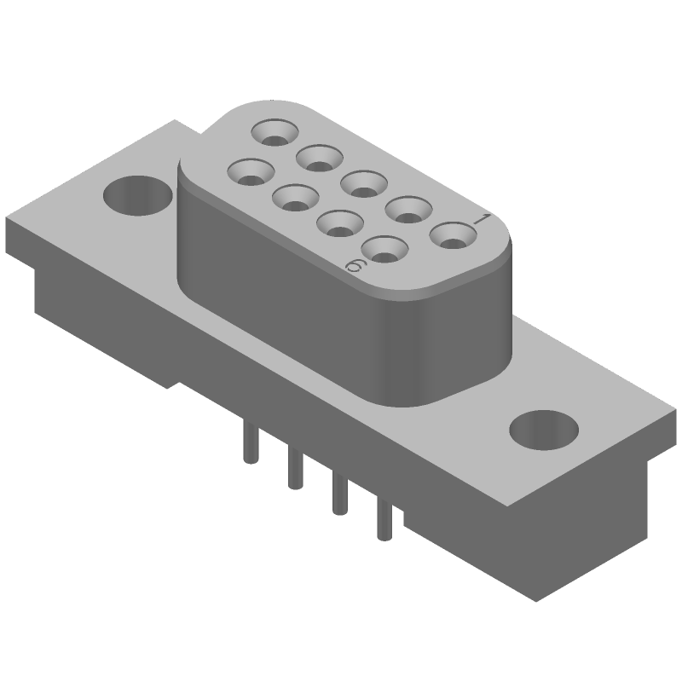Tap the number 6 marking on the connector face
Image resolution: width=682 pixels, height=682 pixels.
pyautogui.click(x=356, y=267)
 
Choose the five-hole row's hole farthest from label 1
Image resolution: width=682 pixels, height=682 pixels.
pyautogui.click(x=275, y=132)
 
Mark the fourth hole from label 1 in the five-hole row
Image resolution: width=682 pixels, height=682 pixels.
pyautogui.click(x=319, y=157)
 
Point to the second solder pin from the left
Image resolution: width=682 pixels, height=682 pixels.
pyautogui.click(x=294, y=469)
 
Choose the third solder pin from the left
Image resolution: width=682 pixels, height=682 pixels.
pyautogui.click(x=339, y=494)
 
